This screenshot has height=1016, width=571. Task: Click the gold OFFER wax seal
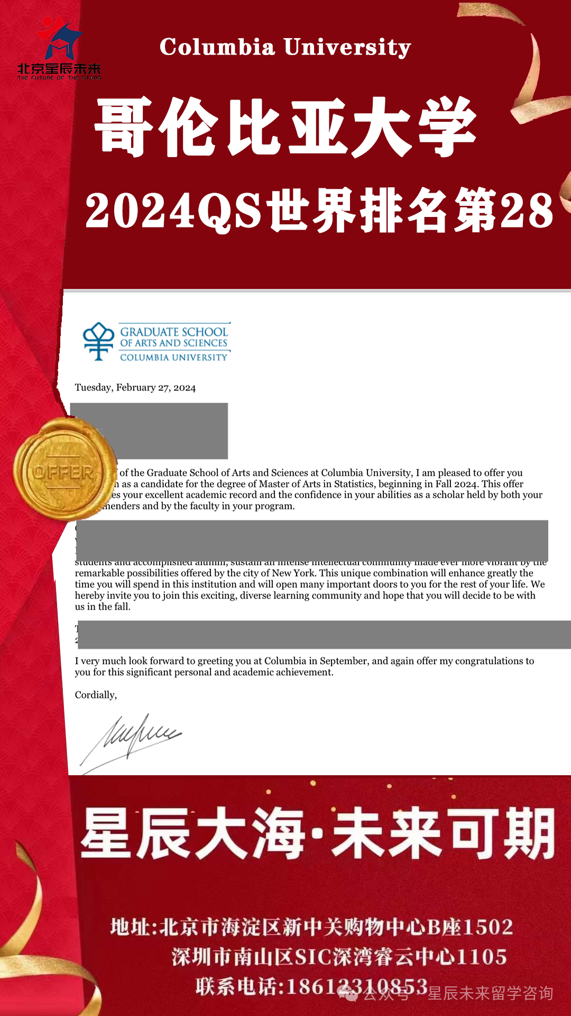click(x=64, y=470)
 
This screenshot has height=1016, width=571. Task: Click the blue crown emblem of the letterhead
click(x=98, y=341)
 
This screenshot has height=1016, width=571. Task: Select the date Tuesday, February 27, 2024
click(x=135, y=387)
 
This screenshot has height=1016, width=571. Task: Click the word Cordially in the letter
click(x=96, y=695)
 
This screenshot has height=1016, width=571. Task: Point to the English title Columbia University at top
click(x=285, y=47)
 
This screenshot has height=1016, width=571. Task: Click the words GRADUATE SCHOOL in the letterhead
click(x=174, y=332)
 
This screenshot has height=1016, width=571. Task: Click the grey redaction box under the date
click(x=149, y=431)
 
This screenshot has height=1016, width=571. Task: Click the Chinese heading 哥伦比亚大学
click(x=285, y=127)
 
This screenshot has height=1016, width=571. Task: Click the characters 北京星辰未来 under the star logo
click(x=59, y=69)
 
